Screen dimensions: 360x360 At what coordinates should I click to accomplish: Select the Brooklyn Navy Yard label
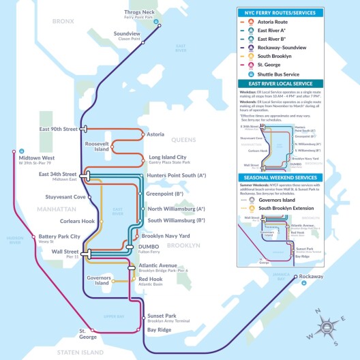pyautogui.click(x=171, y=235)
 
